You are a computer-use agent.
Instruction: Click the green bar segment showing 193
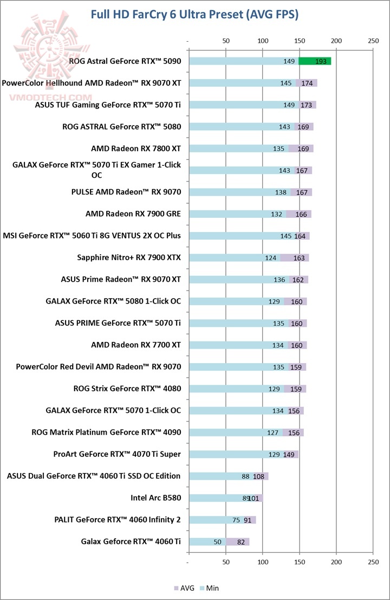click(x=315, y=61)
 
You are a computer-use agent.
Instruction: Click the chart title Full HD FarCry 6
click(x=194, y=15)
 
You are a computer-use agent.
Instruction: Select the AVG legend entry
click(x=184, y=588)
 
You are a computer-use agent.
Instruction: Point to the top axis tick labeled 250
click(x=373, y=41)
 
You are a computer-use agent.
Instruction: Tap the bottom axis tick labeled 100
click(x=263, y=561)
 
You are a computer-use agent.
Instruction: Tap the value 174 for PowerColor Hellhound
click(x=307, y=83)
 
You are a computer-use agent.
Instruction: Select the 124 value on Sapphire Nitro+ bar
click(x=271, y=257)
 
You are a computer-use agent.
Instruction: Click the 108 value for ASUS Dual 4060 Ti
click(x=259, y=476)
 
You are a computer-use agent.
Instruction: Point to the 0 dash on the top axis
click(x=188, y=41)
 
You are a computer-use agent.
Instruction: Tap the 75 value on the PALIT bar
click(x=236, y=520)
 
